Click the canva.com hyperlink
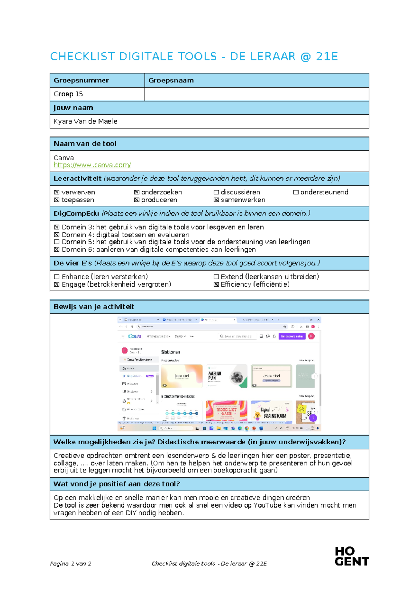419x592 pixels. coord(92,165)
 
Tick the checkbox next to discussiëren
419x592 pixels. coord(216,192)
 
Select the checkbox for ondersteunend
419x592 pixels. coord(296,192)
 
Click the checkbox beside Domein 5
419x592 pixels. coord(57,242)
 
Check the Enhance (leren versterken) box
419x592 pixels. coord(57,277)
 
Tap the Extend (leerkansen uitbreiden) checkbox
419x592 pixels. coord(216,277)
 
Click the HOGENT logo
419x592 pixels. coord(351,556)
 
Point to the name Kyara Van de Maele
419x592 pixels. coord(85,121)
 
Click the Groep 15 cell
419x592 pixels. coord(68,94)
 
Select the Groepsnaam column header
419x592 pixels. coord(171,81)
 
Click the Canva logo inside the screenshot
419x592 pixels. coord(135,336)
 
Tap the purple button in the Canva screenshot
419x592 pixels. coord(292,336)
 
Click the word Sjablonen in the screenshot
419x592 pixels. coord(170,352)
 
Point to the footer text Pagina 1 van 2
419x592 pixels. coord(71,564)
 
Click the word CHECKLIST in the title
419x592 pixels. coord(82,57)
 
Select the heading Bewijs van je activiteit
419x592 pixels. coord(94,307)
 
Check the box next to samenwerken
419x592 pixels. coord(216,200)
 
